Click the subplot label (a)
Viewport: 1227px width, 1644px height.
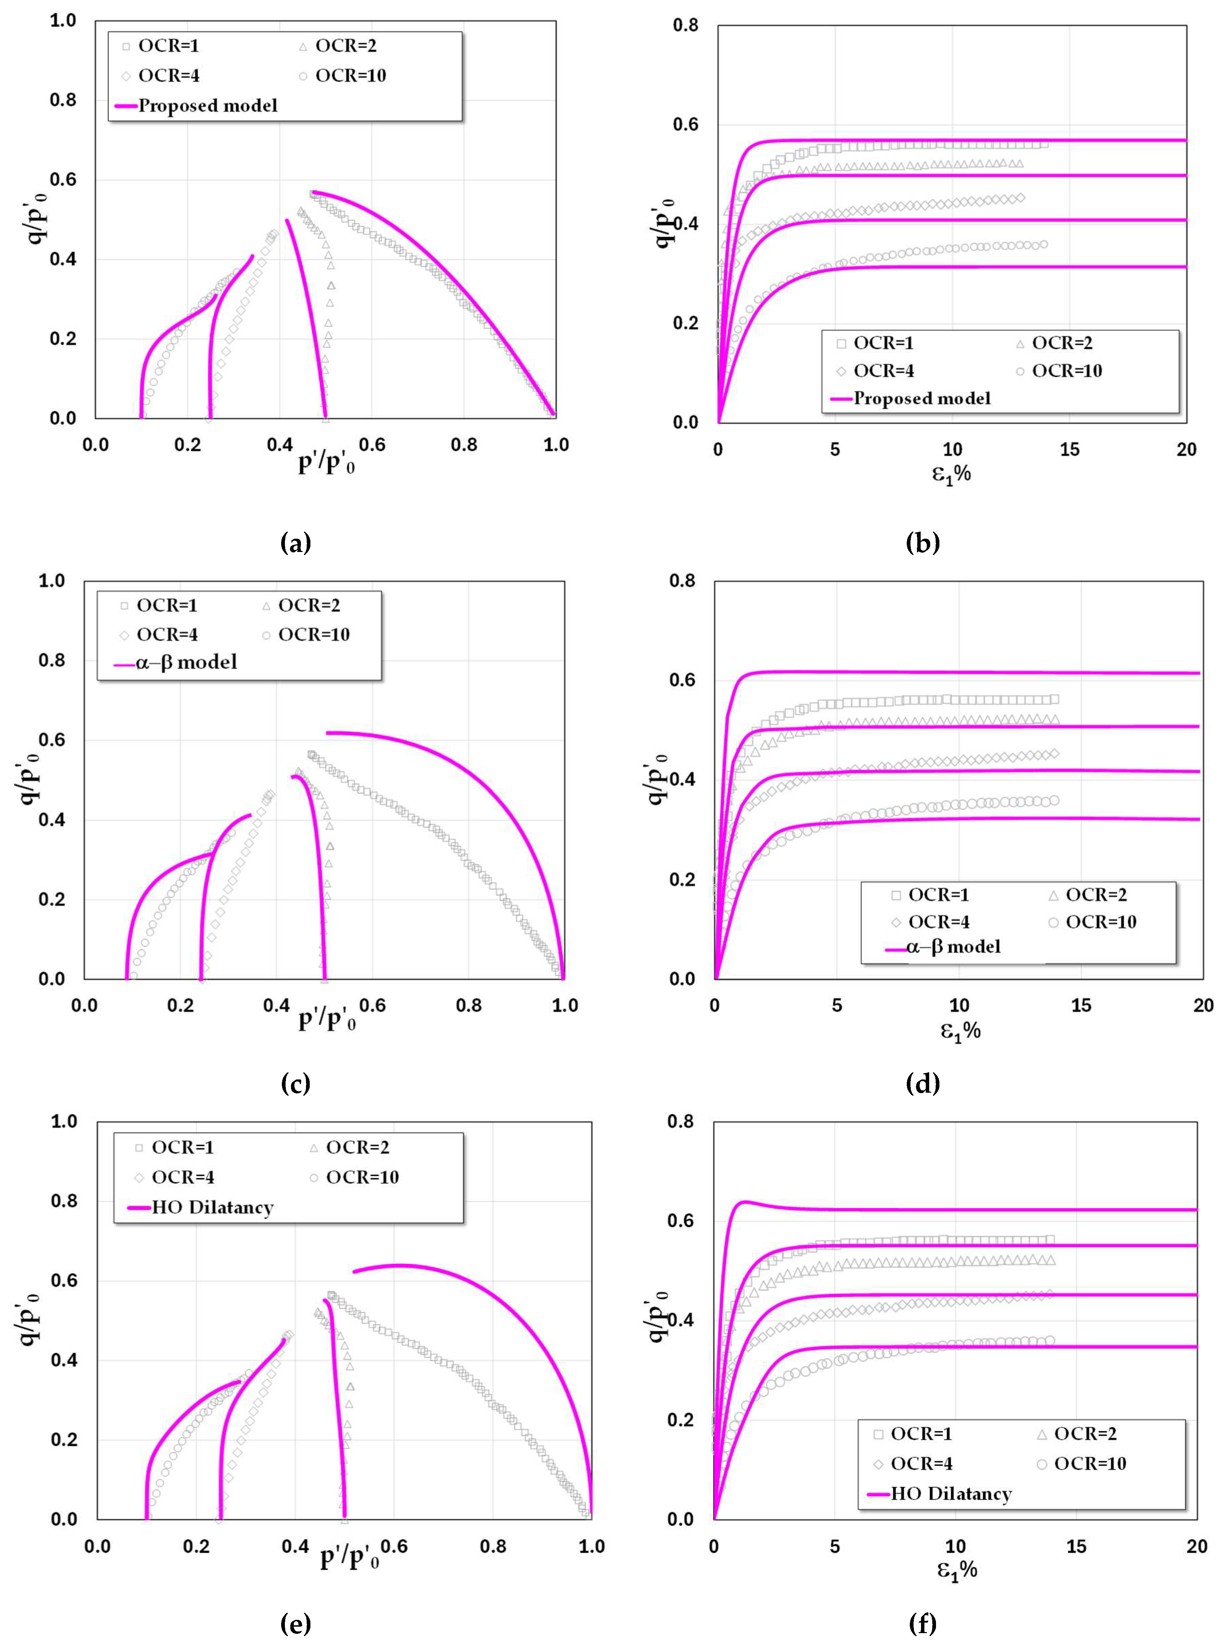[x=296, y=543]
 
